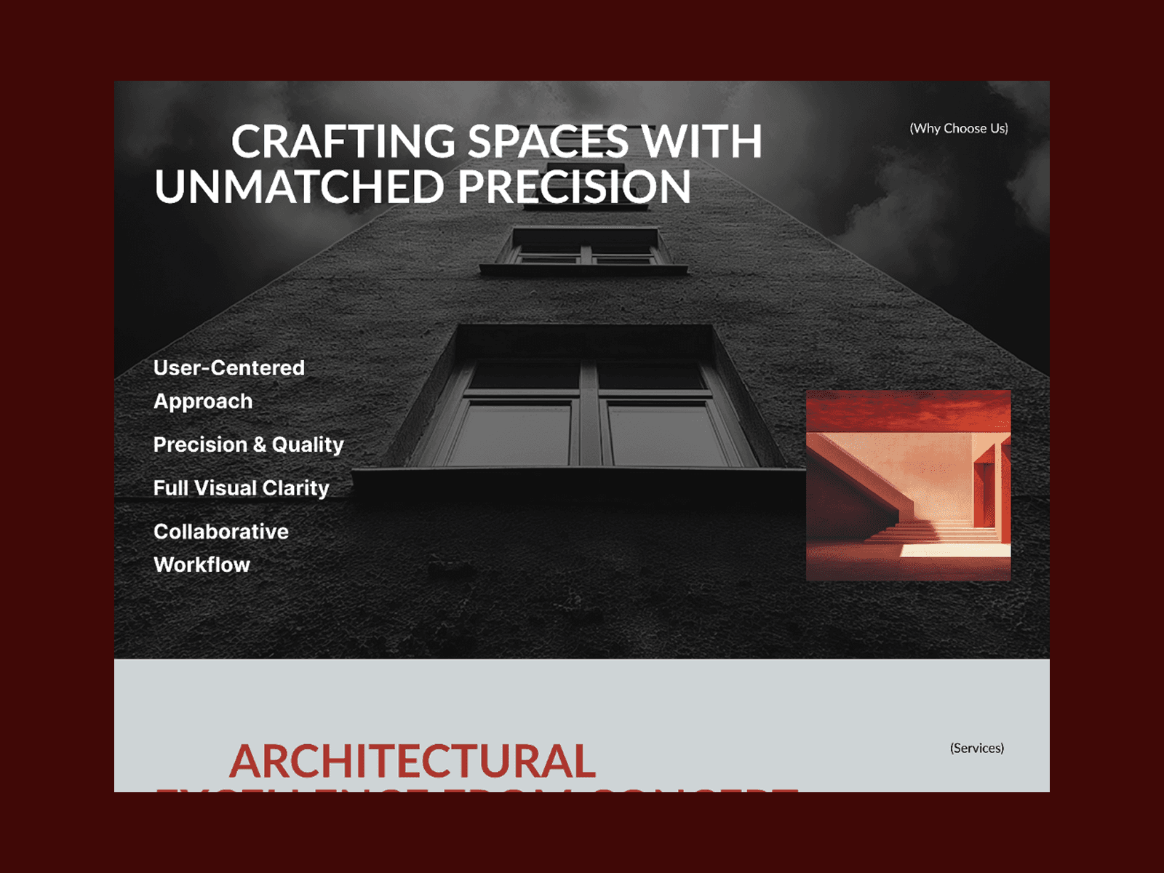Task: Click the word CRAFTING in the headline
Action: [343, 141]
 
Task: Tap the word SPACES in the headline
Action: [548, 141]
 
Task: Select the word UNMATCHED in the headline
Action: [299, 187]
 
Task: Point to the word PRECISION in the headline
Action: [574, 187]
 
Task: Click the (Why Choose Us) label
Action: [958, 129]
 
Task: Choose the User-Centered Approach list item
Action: [228, 384]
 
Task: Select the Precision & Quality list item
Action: [248, 445]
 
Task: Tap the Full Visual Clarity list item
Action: [241, 488]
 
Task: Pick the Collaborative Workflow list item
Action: [220, 548]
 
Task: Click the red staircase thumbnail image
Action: [908, 485]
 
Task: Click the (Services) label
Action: [976, 749]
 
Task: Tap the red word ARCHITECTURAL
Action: [412, 762]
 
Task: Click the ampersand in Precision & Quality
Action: [260, 445]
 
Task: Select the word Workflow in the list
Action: [202, 565]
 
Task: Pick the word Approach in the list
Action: [203, 402]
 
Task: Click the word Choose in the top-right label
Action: [965, 129]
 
